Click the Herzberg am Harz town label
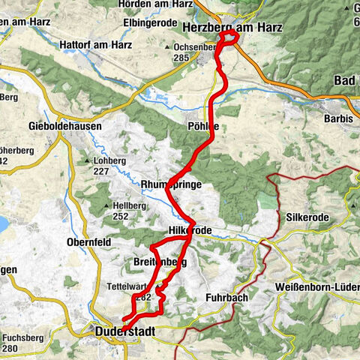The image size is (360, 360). coord(232,28)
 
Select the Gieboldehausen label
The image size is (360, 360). coord(64,126)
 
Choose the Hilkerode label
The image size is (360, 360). coord(191,229)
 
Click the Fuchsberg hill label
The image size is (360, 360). coord(22,337)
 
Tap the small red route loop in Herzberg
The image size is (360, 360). coord(228,37)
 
